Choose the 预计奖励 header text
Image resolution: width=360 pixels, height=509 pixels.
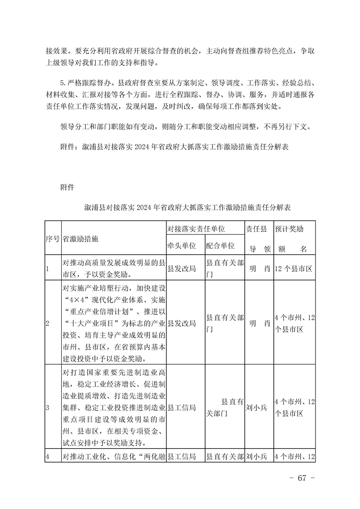(x=289, y=229)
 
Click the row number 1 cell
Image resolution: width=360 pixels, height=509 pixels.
(x=47, y=269)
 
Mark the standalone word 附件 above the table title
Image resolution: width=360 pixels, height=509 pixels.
(x=67, y=187)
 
